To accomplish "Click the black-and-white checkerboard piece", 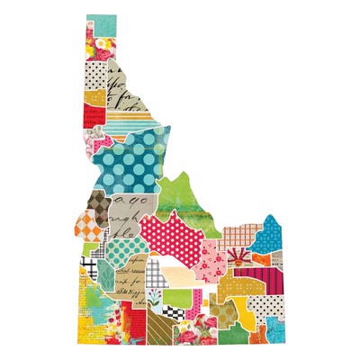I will (171, 310).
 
